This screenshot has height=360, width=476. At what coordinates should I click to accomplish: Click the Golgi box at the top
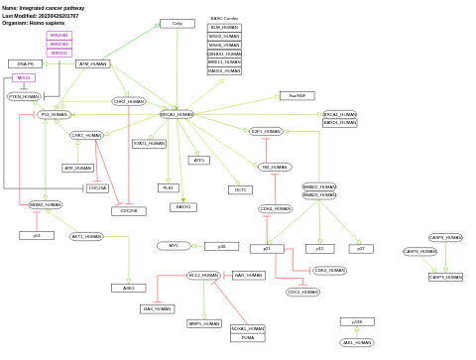178,23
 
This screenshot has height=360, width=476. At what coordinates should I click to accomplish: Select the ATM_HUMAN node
92,63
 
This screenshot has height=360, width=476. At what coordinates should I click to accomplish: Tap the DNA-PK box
25,63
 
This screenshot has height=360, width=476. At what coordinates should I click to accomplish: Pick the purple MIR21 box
24,77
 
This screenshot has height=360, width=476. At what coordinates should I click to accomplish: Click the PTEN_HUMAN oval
24,96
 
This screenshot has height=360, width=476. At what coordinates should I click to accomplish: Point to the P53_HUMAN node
54,115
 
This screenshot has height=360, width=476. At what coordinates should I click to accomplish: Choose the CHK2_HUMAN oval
129,101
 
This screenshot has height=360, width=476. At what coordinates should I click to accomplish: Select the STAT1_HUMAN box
150,144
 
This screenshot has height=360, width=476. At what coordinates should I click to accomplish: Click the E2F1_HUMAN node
266,131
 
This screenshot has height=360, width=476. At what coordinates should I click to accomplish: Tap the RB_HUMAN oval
275,168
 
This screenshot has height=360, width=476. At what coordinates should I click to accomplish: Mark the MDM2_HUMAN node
45,204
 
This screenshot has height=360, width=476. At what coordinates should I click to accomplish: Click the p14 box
36,236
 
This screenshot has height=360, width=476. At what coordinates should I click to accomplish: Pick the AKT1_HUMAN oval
86,236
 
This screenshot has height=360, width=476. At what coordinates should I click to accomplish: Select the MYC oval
173,246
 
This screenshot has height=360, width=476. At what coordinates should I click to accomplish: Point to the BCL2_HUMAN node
203,275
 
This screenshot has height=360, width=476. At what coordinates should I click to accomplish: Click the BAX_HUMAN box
157,309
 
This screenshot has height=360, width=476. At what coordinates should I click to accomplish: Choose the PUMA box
248,337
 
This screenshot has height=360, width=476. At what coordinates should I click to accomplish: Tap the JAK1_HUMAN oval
357,342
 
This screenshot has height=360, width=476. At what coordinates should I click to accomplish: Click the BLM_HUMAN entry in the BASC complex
224,28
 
